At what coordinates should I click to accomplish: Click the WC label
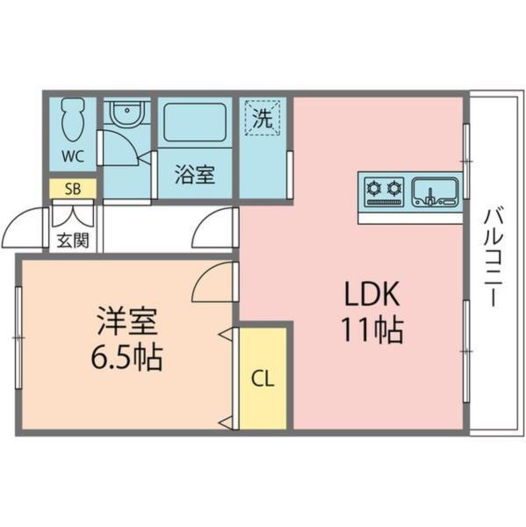(72, 158)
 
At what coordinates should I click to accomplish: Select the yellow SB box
(73, 189)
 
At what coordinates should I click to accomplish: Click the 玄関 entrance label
(72, 240)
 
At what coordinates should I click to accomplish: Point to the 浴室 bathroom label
(194, 175)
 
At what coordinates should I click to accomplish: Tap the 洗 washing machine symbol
(263, 119)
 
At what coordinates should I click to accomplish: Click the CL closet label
(263, 379)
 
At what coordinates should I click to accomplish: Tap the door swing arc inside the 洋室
(211, 283)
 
